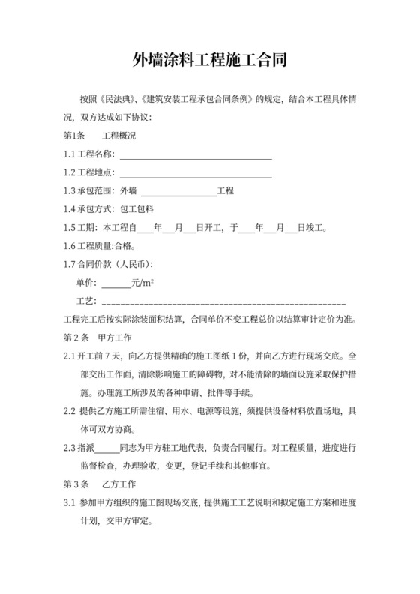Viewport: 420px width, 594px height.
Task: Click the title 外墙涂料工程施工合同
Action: tap(209, 60)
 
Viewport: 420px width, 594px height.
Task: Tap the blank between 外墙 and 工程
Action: tap(178, 191)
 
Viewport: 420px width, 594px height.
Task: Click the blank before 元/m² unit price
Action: tap(115, 283)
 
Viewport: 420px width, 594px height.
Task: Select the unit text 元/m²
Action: tap(142, 282)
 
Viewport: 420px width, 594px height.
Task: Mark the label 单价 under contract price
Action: tap(86, 283)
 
